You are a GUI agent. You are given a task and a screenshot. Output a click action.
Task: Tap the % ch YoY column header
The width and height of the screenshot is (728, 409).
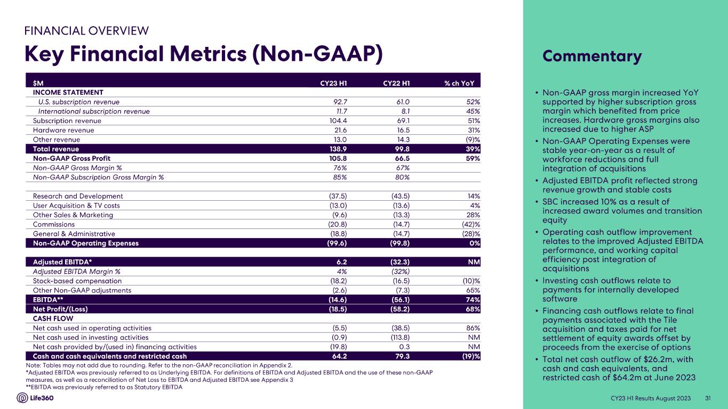pos(462,83)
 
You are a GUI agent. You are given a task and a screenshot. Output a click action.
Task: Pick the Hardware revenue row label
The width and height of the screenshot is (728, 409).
pos(63,130)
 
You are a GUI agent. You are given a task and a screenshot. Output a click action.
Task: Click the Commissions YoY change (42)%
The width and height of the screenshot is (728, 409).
pos(469,224)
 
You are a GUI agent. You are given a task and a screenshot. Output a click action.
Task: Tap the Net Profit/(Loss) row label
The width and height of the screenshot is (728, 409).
pos(60,309)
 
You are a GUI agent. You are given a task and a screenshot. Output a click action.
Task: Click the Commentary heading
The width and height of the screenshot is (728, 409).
pos(592,56)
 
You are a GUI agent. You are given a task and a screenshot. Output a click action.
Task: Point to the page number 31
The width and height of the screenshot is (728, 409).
pos(708,398)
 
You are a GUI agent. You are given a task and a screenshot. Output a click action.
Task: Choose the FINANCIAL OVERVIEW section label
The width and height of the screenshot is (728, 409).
pos(86,30)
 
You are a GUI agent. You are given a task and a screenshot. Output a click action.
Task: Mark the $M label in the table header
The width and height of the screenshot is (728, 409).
pos(38,83)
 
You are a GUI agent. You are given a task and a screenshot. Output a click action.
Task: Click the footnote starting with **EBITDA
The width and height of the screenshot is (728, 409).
pos(104,387)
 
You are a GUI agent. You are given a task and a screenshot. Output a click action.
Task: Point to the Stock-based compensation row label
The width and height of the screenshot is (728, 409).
pos(77,281)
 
